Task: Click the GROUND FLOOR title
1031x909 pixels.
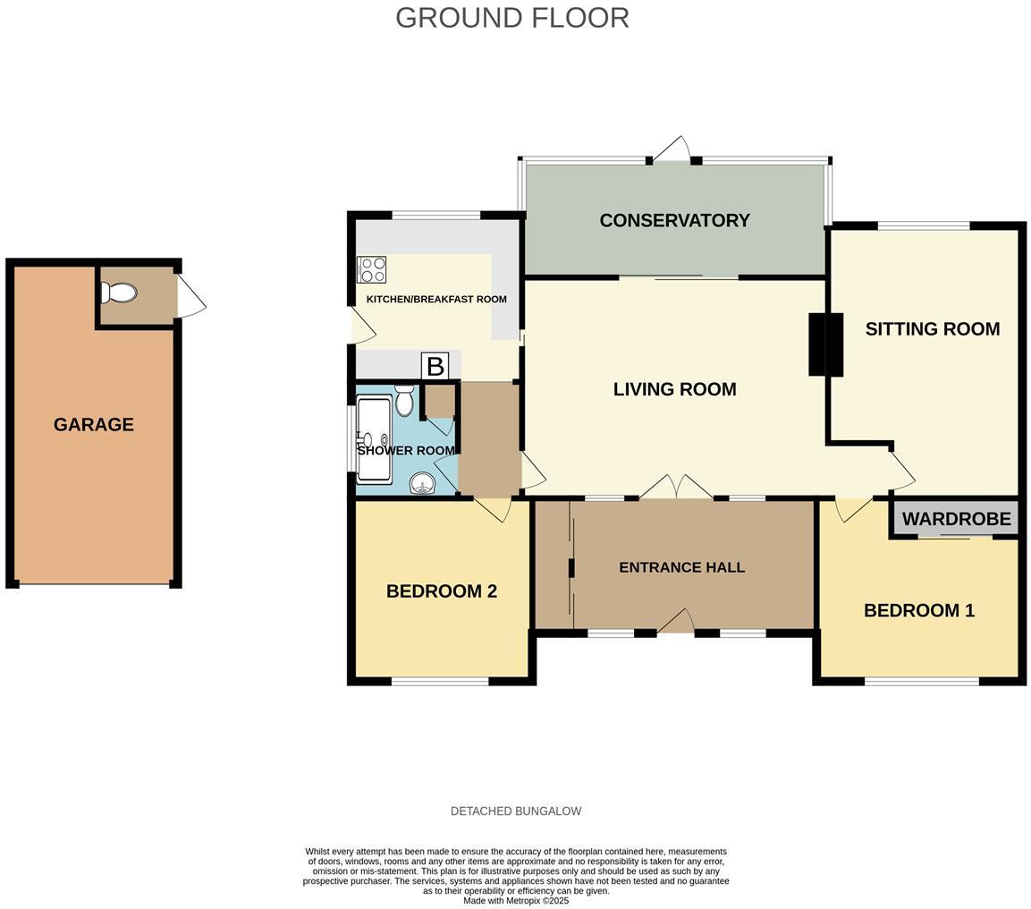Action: (512, 18)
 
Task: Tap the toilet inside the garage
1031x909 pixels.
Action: (119, 293)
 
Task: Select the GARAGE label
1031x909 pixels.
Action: (94, 425)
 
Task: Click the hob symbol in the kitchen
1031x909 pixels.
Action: (371, 269)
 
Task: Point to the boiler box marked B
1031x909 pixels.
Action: (435, 366)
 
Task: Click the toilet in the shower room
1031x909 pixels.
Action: (404, 402)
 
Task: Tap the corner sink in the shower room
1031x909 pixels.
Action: (423, 484)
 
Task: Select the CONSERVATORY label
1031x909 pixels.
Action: (674, 220)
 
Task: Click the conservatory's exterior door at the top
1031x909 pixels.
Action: (672, 150)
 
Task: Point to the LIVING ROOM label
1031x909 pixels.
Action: (674, 389)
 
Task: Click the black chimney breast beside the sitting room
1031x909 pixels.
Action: (825, 344)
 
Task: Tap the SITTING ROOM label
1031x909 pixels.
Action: (932, 329)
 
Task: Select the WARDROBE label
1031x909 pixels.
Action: (956, 519)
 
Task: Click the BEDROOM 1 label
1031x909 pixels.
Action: (918, 610)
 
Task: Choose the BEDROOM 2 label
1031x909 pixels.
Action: (441, 591)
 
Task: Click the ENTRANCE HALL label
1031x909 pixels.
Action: (681, 567)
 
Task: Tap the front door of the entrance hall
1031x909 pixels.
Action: (677, 622)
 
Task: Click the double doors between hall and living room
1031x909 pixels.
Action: (676, 488)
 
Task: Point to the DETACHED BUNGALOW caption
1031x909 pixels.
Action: (516, 811)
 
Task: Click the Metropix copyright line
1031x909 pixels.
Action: (516, 901)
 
